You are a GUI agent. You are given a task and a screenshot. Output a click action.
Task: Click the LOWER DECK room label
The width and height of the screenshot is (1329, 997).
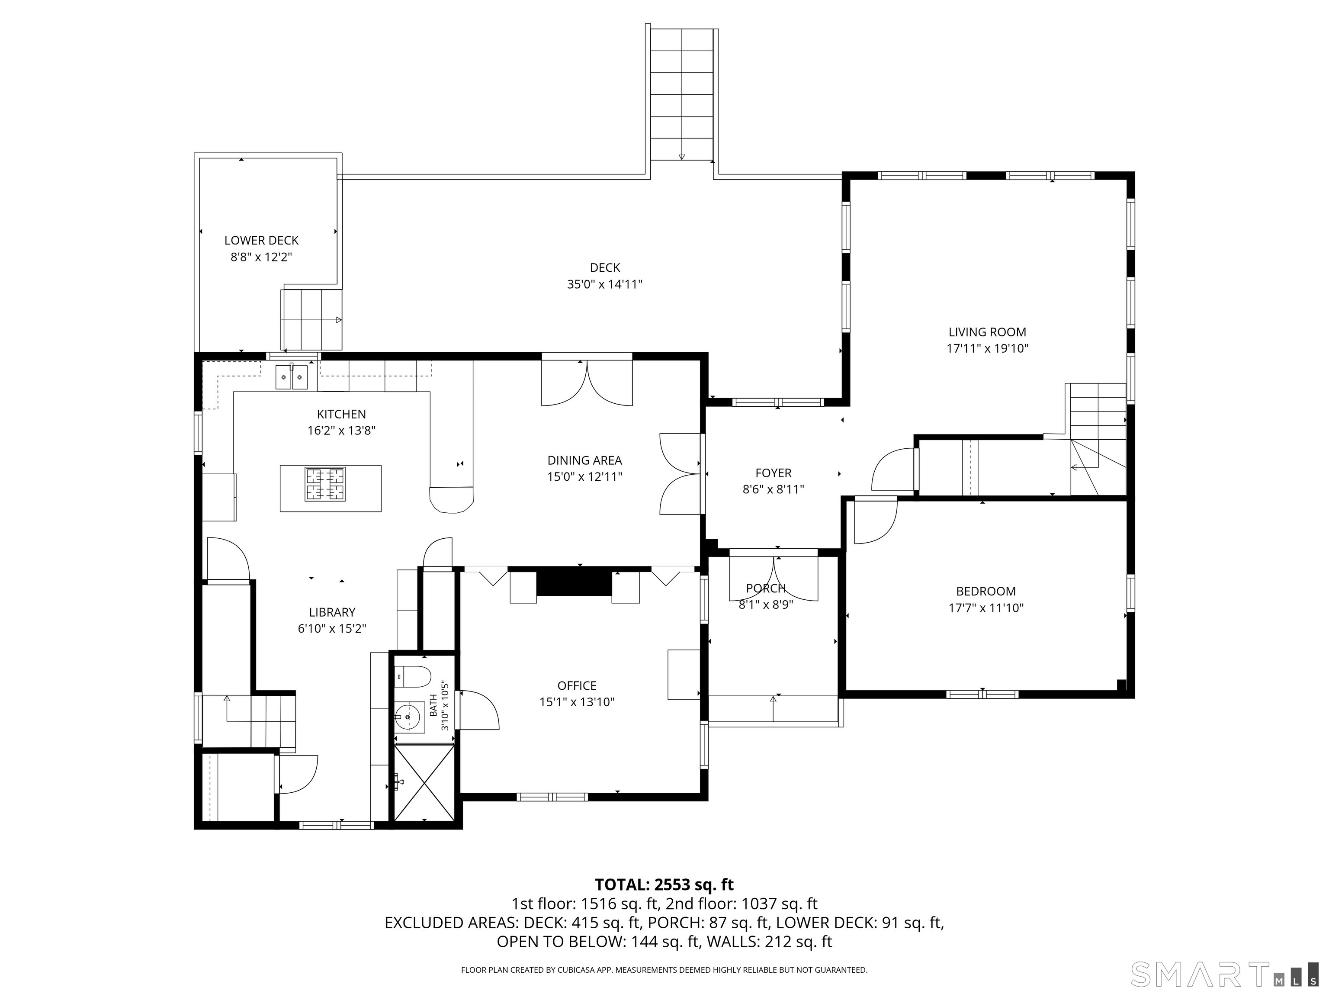point(261,241)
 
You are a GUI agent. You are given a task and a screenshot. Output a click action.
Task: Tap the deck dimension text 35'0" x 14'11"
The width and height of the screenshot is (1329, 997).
point(604,284)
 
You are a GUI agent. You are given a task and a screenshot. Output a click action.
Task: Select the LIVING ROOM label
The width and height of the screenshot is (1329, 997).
point(987,332)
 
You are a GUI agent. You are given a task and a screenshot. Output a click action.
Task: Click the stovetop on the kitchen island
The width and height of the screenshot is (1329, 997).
point(326,484)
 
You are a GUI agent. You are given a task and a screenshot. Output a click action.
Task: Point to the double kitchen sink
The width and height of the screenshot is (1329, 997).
point(292,377)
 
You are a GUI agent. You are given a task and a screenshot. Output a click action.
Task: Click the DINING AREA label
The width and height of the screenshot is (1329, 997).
point(584,460)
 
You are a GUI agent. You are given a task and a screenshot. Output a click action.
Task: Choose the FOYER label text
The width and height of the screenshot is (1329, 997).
point(773,473)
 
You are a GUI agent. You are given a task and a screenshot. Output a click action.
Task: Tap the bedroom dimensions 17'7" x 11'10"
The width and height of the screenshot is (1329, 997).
point(986,608)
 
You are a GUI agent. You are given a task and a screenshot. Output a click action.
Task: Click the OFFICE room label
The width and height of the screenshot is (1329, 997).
point(577,686)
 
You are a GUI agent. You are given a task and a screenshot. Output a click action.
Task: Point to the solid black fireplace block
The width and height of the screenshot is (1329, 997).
point(574,581)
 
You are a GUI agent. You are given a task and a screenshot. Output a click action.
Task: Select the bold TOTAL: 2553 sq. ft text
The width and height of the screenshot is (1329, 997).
point(664,884)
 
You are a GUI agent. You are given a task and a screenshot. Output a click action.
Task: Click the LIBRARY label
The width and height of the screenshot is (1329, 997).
point(332,612)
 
